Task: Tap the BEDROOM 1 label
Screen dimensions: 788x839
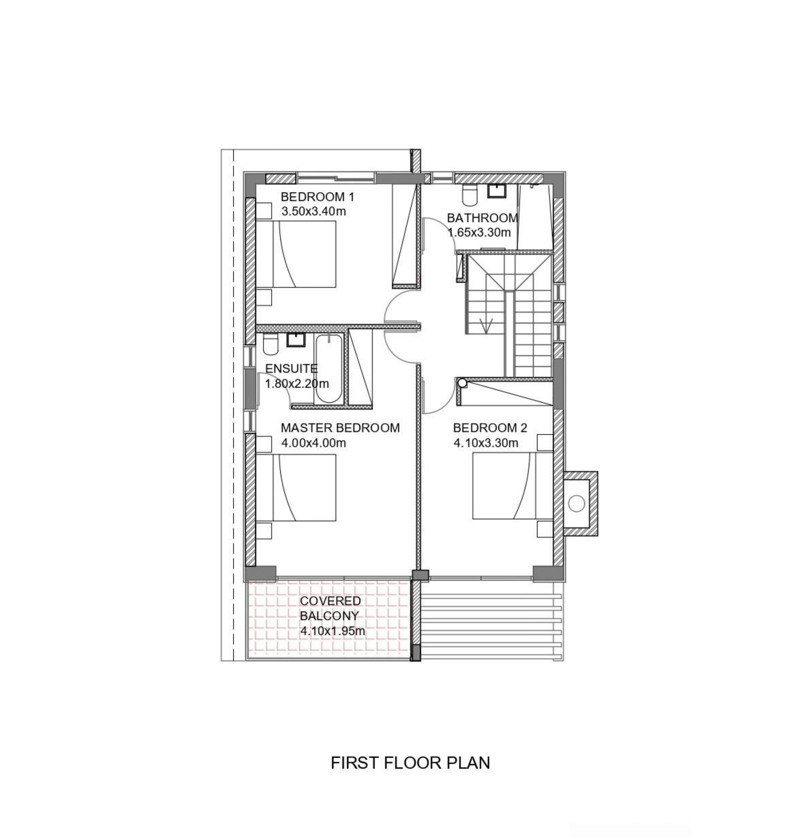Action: (317, 197)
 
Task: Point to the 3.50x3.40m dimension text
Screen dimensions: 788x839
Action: (313, 211)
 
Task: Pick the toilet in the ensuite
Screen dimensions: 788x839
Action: (270, 344)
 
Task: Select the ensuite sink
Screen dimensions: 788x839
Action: (296, 340)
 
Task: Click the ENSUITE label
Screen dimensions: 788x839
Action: (291, 368)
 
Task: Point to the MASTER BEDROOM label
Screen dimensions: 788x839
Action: (340, 428)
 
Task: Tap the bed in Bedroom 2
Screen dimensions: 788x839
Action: (513, 486)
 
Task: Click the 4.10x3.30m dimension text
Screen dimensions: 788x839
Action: (486, 443)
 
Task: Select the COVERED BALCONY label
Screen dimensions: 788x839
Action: (330, 608)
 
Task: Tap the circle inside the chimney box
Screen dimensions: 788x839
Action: (576, 503)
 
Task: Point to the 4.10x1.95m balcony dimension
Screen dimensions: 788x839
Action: (332, 631)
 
